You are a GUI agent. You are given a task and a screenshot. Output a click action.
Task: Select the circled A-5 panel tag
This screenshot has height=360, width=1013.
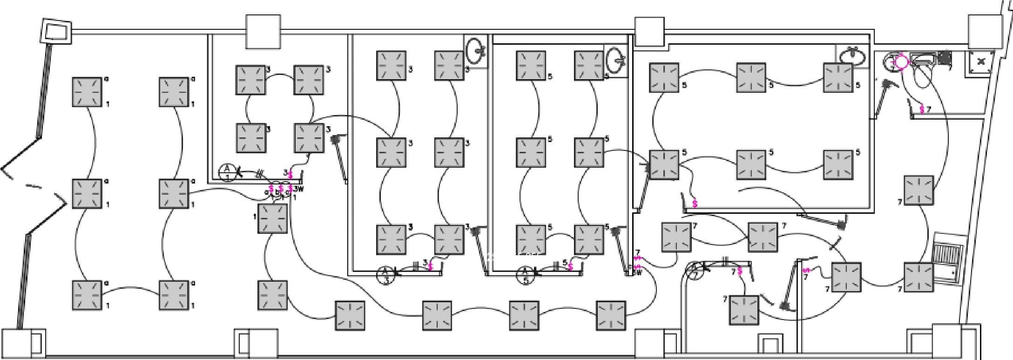[526, 275]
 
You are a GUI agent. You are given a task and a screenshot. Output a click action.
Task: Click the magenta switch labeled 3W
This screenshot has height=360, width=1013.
[290, 189]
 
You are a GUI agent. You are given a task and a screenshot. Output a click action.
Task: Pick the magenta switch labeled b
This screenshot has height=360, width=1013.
[281, 189]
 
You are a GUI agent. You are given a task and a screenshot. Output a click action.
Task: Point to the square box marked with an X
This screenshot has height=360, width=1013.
[981, 61]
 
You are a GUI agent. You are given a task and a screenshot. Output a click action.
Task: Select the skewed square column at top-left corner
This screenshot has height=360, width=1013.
[57, 31]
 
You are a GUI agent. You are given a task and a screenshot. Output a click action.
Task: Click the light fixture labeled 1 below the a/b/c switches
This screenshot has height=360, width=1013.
[273, 218]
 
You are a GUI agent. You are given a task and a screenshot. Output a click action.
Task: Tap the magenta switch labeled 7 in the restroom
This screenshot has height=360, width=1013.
[922, 109]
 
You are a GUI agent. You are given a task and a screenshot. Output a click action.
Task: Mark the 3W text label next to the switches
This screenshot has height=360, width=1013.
[299, 189]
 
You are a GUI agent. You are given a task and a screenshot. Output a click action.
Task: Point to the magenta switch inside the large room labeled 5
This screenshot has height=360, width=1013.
[695, 204]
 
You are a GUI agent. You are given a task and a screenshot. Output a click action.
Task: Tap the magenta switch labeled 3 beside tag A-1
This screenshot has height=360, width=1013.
[290, 174]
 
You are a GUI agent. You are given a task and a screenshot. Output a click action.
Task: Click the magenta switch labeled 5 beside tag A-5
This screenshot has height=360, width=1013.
[570, 265]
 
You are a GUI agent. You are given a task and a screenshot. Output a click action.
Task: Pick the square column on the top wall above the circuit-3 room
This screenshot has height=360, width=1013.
[263, 32]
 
